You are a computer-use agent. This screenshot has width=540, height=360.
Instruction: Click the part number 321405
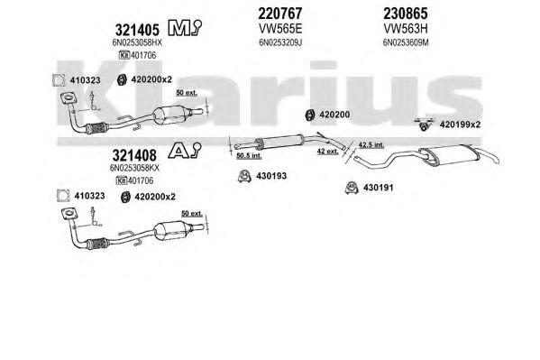(137, 30)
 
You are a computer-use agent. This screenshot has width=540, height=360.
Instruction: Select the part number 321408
(134, 155)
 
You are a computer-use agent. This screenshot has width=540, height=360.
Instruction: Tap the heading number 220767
(280, 14)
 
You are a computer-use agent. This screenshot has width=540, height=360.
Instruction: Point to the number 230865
(406, 14)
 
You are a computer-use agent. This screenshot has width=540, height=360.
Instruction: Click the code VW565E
(280, 29)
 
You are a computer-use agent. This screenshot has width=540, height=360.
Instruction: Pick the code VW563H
(406, 29)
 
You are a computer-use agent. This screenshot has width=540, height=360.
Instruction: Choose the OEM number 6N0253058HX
(137, 42)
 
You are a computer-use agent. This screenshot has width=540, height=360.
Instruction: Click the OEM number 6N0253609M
(406, 42)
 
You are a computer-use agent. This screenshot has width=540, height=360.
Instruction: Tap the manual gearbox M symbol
(184, 28)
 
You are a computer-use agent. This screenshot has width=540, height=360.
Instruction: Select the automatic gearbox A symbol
(184, 151)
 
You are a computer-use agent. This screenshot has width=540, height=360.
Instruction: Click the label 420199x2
(460, 125)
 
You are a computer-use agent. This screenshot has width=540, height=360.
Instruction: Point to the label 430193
(271, 176)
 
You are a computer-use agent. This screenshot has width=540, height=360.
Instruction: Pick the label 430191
(378, 188)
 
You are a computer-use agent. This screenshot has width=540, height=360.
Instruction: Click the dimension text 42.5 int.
(371, 145)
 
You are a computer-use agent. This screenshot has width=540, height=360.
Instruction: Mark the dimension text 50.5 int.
(249, 156)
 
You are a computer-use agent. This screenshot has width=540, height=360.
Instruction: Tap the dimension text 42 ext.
(327, 152)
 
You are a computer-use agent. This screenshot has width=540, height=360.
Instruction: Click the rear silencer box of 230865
(448, 154)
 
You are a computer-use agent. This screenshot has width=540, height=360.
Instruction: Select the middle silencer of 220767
(279, 142)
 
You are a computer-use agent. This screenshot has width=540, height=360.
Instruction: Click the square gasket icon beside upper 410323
(59, 80)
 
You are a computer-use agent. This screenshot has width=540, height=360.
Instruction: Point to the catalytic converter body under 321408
(170, 230)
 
